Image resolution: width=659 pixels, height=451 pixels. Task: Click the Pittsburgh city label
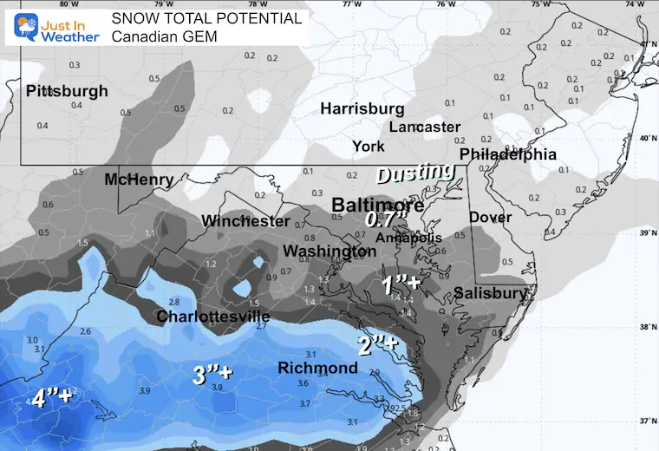[67, 91]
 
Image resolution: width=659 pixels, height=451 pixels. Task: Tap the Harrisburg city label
[362, 109]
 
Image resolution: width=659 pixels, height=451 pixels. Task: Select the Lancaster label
[425, 127]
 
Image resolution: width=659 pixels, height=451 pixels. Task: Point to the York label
[369, 147]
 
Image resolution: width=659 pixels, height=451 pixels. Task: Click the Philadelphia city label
[507, 154]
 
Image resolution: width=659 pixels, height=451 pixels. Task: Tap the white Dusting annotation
[414, 173]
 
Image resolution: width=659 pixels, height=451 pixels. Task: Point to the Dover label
[490, 217]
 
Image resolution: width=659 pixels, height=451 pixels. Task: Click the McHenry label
[139, 180]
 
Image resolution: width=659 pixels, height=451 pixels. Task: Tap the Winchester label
[245, 221]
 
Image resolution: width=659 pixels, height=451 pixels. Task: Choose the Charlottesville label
[212, 317]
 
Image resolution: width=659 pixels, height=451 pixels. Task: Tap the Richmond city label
[317, 369]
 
